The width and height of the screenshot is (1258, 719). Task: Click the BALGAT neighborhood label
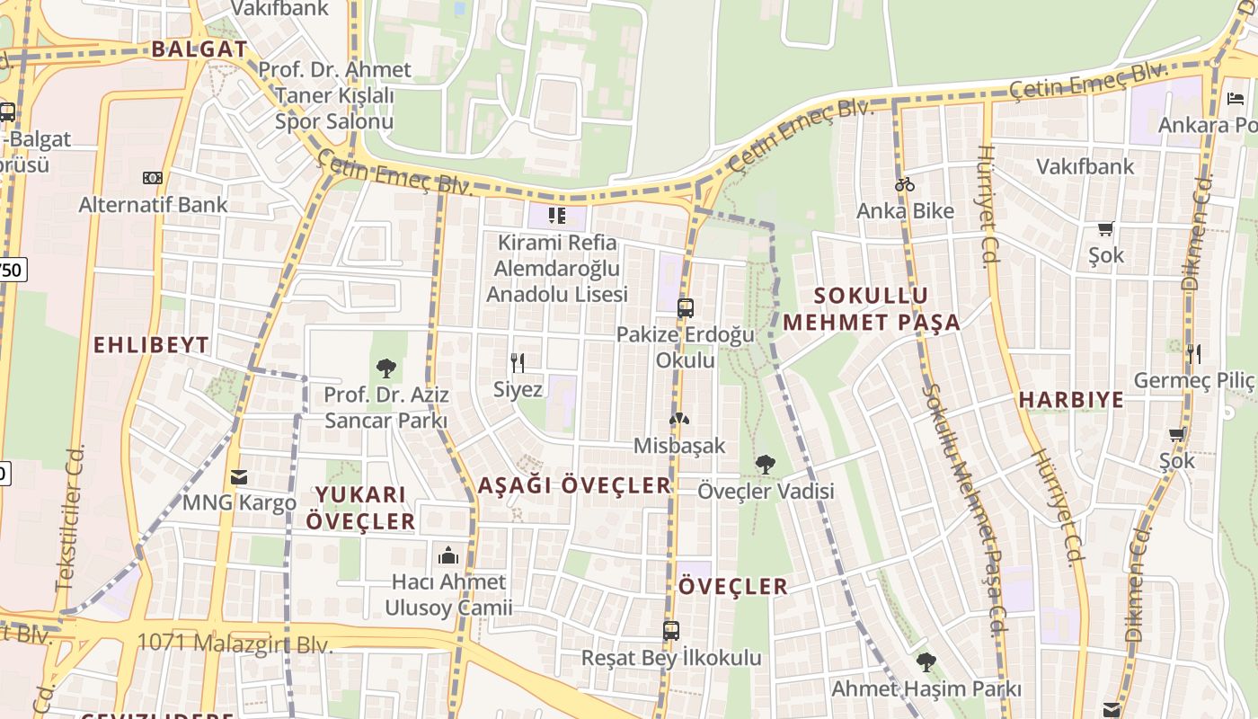pyautogui.click(x=199, y=49)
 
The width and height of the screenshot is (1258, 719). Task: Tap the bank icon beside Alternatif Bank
pyautogui.click(x=153, y=178)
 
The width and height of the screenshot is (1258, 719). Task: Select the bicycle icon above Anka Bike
pyautogui.click(x=905, y=185)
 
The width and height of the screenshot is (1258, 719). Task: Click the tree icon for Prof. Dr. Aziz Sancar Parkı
pyautogui.click(x=386, y=368)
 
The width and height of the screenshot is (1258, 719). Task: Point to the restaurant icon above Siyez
pyautogui.click(x=518, y=363)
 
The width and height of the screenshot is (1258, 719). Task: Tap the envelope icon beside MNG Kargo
pyautogui.click(x=239, y=477)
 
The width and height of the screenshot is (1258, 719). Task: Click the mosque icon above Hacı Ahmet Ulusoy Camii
pyautogui.click(x=447, y=555)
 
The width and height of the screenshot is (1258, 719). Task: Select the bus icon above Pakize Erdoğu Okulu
pyautogui.click(x=686, y=308)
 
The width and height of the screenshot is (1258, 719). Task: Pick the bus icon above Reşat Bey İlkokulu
pyautogui.click(x=671, y=631)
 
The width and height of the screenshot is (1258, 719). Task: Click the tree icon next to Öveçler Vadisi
pyautogui.click(x=766, y=465)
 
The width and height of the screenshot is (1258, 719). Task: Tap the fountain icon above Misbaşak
pyautogui.click(x=679, y=420)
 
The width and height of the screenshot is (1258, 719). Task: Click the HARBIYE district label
pyautogui.click(x=1071, y=400)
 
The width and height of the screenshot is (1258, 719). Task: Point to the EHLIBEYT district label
pyautogui.click(x=151, y=345)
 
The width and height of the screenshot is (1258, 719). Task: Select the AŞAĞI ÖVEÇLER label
pyautogui.click(x=574, y=486)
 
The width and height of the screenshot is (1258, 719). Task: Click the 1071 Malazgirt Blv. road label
pyautogui.click(x=235, y=644)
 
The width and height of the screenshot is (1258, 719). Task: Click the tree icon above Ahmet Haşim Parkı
pyautogui.click(x=926, y=662)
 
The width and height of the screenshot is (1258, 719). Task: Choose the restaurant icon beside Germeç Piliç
pyautogui.click(x=1193, y=353)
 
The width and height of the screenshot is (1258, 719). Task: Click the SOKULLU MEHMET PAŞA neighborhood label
pyautogui.click(x=872, y=309)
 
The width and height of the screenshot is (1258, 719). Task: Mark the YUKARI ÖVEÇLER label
pyautogui.click(x=360, y=508)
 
